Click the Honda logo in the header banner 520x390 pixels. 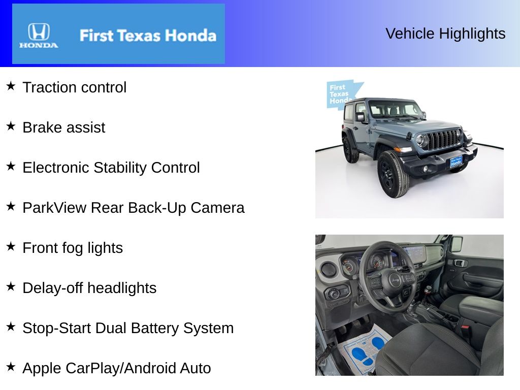39,35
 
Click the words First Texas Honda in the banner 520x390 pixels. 148,36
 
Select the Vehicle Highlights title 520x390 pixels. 445,34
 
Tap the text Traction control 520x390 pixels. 75,87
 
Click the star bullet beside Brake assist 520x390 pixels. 11,126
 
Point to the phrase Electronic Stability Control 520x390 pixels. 111,168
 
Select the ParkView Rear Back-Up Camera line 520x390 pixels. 134,208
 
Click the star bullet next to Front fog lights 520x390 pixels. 11,247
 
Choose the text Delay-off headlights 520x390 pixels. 89,288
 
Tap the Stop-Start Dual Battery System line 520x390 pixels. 128,328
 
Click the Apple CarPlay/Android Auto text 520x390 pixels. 117,368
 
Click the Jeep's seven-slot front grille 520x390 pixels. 442,139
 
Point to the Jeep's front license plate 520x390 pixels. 457,162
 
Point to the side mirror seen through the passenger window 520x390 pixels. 457,244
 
